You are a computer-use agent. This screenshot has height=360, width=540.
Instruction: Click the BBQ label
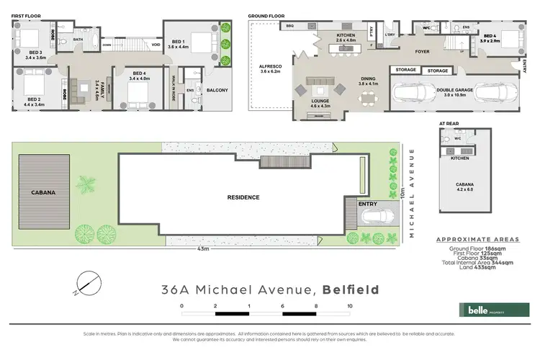click(x=291, y=26)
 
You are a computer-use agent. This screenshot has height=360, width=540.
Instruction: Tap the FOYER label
click(x=422, y=51)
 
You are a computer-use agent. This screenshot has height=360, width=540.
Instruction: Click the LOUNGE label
click(x=321, y=103)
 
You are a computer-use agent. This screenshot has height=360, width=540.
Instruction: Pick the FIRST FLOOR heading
click(x=27, y=15)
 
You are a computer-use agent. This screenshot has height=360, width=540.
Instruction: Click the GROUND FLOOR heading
click(x=266, y=15)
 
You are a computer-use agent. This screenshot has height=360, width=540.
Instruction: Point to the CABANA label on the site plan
click(x=42, y=193)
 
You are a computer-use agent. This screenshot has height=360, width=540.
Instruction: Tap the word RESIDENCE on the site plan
click(x=243, y=197)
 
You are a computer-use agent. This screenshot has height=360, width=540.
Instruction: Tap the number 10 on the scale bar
click(x=350, y=306)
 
